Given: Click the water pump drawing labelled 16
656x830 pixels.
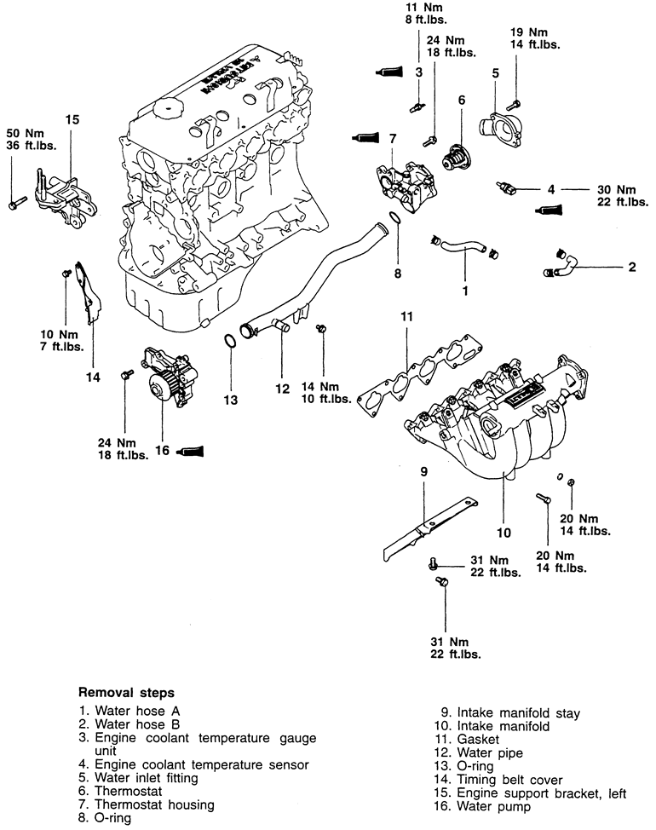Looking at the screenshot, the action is click(168, 378).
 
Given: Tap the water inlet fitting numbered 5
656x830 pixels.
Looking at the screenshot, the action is click(500, 129).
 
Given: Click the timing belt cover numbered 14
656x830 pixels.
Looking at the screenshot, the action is click(89, 293).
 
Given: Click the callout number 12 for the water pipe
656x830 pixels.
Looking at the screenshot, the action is click(282, 389).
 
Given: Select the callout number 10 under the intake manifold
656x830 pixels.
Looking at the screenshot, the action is click(504, 533).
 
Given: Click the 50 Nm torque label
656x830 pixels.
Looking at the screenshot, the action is click(25, 134).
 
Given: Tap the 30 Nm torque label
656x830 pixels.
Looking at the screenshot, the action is click(616, 189).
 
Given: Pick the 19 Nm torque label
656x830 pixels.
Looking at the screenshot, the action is click(528, 32).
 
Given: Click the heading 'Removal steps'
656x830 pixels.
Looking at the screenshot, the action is click(126, 692).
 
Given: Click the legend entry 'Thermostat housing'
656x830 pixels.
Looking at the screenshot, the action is click(154, 805).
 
